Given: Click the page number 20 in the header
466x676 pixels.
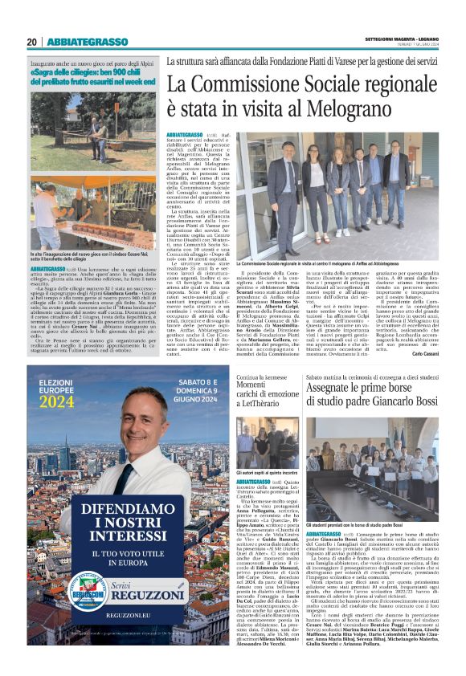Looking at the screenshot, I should point(32,42).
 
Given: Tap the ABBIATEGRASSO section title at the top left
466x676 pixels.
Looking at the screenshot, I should point(87,42).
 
